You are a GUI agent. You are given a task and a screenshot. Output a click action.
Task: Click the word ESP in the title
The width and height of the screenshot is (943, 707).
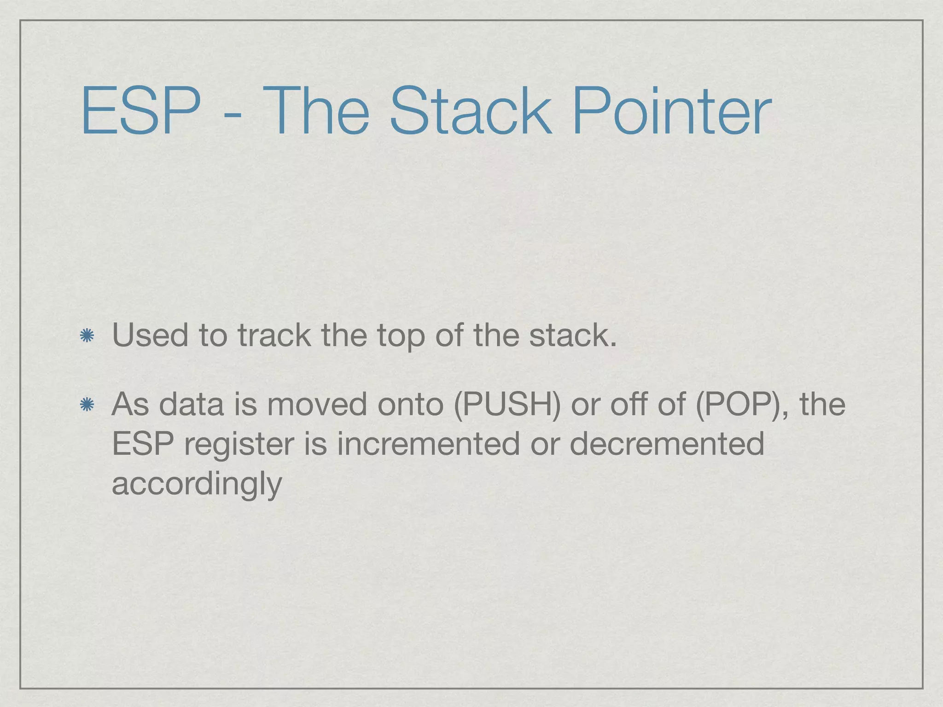[141, 112]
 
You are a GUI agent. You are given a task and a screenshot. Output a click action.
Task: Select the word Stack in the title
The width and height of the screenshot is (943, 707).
[470, 112]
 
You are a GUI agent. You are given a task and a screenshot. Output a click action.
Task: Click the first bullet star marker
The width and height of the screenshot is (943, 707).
[87, 336]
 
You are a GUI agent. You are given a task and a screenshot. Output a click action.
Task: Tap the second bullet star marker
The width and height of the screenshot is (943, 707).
[87, 405]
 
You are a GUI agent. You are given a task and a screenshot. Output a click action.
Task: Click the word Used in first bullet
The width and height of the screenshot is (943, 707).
[150, 335]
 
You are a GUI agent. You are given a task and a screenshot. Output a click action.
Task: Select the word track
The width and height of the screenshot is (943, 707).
[274, 335]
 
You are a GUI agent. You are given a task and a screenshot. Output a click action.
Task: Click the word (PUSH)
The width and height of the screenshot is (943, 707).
[507, 404]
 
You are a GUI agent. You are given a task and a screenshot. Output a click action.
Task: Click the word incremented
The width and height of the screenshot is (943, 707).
[428, 444]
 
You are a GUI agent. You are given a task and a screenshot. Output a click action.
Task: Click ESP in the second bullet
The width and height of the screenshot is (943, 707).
[143, 444]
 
